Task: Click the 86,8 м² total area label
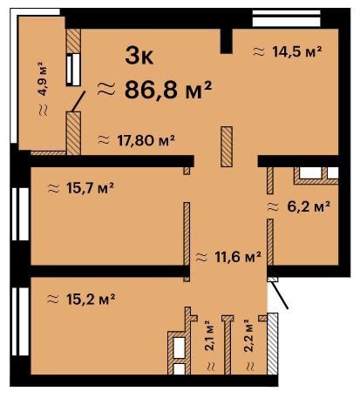tap(168, 90)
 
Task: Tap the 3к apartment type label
tap(139, 56)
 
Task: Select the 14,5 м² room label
tap(297, 51)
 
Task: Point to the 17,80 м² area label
tap(146, 140)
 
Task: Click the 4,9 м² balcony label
tap(43, 78)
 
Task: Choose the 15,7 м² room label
tap(90, 188)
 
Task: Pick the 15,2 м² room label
tap(91, 299)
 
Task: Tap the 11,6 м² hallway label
tap(238, 257)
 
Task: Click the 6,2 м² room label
tap(309, 206)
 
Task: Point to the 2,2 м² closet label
tap(249, 335)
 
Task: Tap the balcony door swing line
tap(78, 101)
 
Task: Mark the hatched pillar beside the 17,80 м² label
tap(227, 146)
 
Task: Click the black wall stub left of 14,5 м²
tap(227, 41)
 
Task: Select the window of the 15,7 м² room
tap(20, 214)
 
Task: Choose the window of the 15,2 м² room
tap(20, 321)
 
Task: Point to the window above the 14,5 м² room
tap(287, 18)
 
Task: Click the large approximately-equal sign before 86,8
tap(106, 89)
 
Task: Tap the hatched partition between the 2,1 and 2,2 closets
tap(228, 345)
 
